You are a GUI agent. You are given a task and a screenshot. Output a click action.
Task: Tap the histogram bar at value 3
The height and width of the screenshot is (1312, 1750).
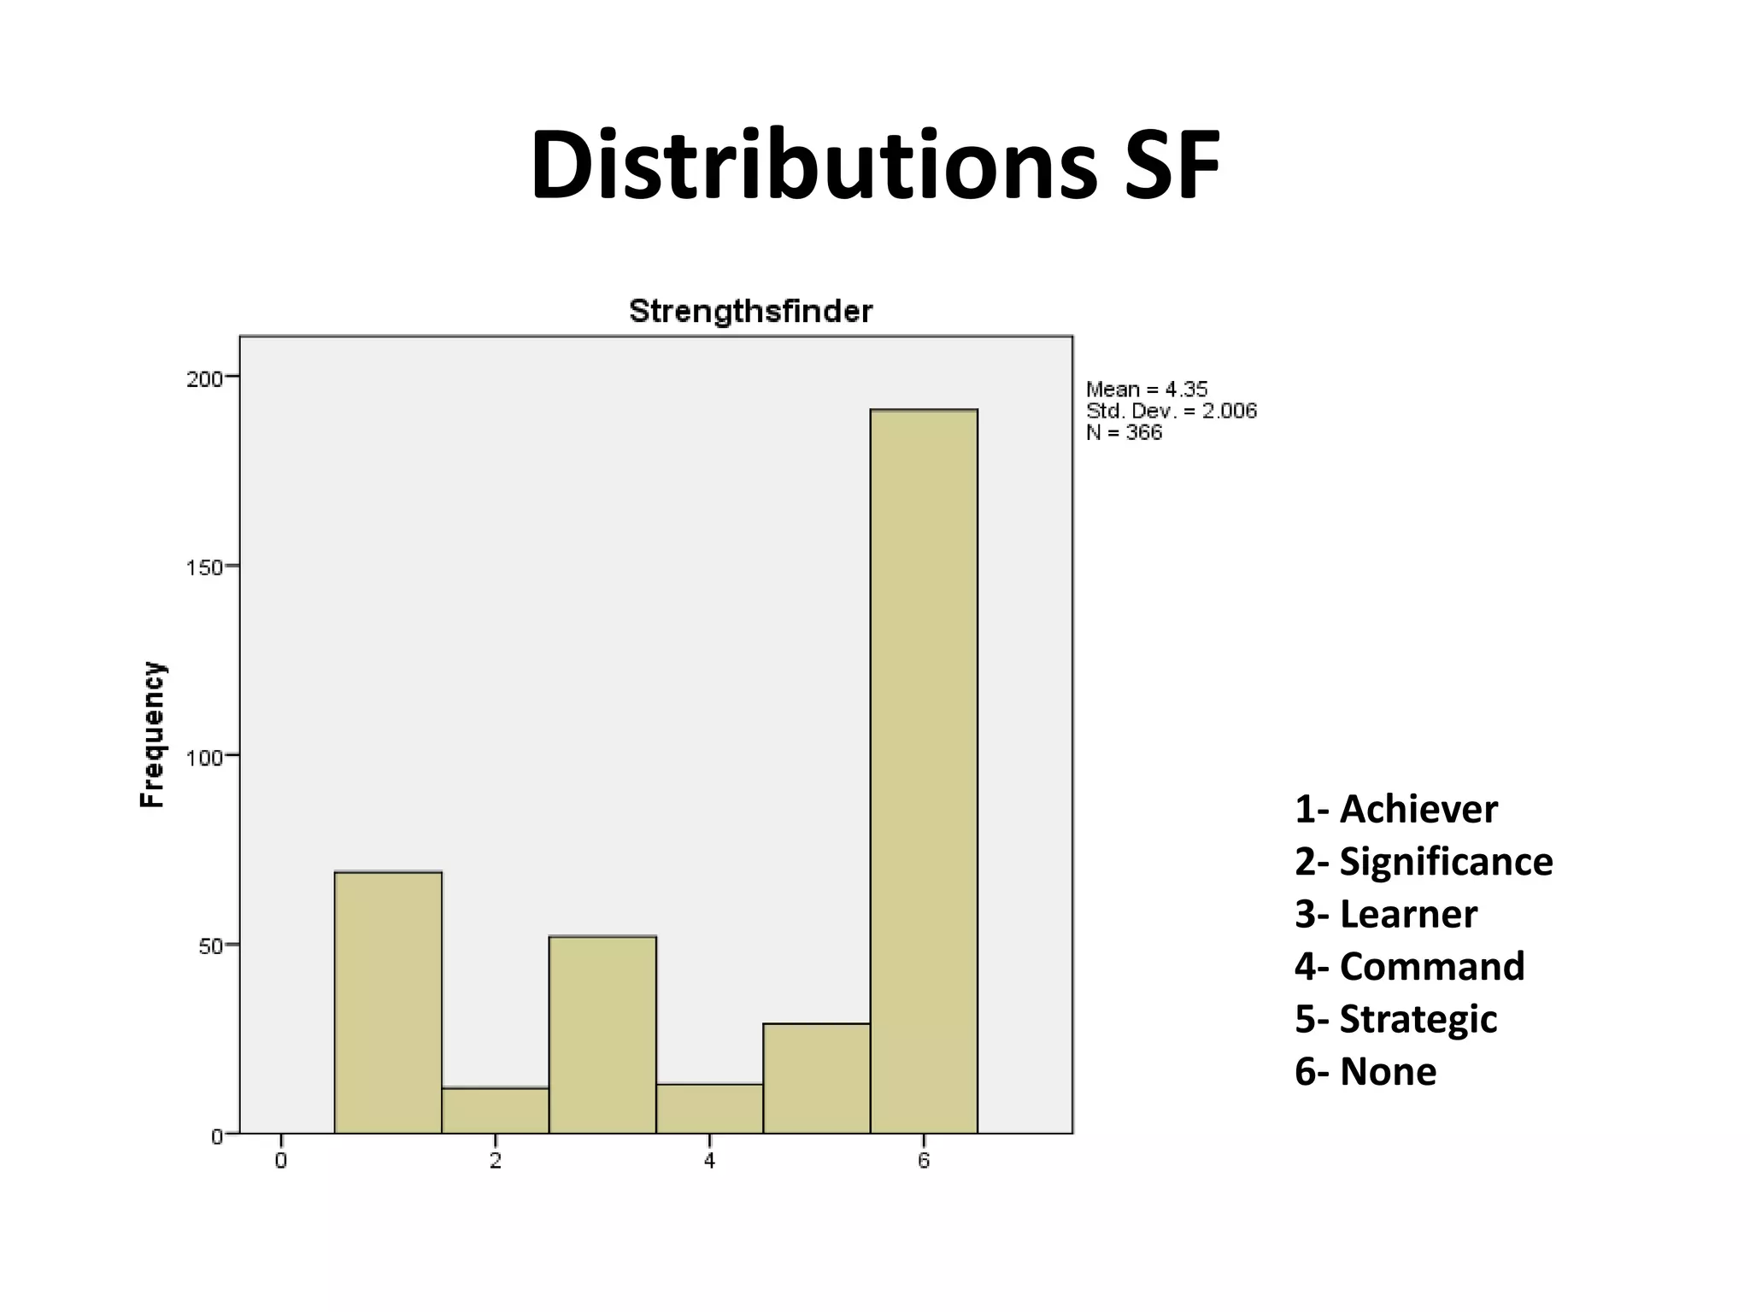(602, 1034)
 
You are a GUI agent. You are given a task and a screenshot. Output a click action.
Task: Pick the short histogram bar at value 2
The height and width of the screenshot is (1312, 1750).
(496, 1110)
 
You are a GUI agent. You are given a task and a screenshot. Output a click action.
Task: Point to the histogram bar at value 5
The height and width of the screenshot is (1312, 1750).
(817, 1078)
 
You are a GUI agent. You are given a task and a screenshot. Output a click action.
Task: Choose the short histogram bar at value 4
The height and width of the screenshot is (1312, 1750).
(709, 1109)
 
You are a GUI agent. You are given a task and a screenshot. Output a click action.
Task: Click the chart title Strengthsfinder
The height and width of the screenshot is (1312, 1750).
(750, 312)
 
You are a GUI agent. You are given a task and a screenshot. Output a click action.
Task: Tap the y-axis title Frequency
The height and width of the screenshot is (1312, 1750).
(152, 735)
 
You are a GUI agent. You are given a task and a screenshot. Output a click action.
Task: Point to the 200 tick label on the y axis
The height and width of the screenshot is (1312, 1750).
(204, 378)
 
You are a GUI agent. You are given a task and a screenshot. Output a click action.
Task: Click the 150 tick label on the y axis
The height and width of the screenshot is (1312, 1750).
(204, 567)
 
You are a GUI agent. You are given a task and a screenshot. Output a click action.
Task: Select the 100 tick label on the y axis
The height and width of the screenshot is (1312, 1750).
(204, 757)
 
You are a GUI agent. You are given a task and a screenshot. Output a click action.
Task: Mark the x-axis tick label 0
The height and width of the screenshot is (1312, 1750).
(281, 1161)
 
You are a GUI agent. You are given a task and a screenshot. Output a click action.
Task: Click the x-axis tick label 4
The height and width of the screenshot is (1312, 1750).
(709, 1161)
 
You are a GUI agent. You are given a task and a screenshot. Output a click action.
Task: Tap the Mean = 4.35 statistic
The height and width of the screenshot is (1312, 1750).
(1147, 389)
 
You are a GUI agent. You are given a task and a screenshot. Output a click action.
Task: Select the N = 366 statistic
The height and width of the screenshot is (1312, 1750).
(1124, 432)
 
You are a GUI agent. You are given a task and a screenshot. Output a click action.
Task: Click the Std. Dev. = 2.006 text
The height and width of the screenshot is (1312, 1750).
(1172, 411)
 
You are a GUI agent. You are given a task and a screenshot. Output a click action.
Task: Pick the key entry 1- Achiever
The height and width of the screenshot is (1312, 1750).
(1395, 809)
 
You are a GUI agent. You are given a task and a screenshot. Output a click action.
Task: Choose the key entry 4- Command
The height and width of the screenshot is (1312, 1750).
(1409, 966)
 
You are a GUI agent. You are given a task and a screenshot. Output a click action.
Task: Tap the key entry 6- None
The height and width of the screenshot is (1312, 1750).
(1365, 1071)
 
